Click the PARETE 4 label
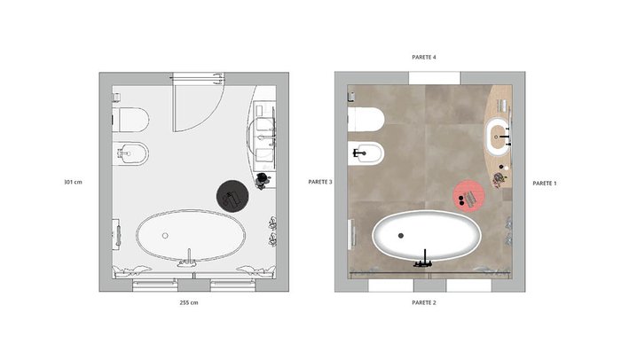424,57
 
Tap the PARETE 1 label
545,184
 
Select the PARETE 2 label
424,302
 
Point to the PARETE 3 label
320,182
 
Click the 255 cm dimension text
189,302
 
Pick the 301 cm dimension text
74,182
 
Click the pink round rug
469,196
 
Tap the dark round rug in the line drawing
232,196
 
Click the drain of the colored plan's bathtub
401,236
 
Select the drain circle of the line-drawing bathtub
165,236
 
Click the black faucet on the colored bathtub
424,260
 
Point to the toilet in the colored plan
366,120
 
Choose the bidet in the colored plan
366,153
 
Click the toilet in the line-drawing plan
131,120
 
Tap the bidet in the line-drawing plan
131,153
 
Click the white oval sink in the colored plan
498,137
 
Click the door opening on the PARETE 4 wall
435,78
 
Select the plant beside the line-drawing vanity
263,181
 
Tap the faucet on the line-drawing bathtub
188,259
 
